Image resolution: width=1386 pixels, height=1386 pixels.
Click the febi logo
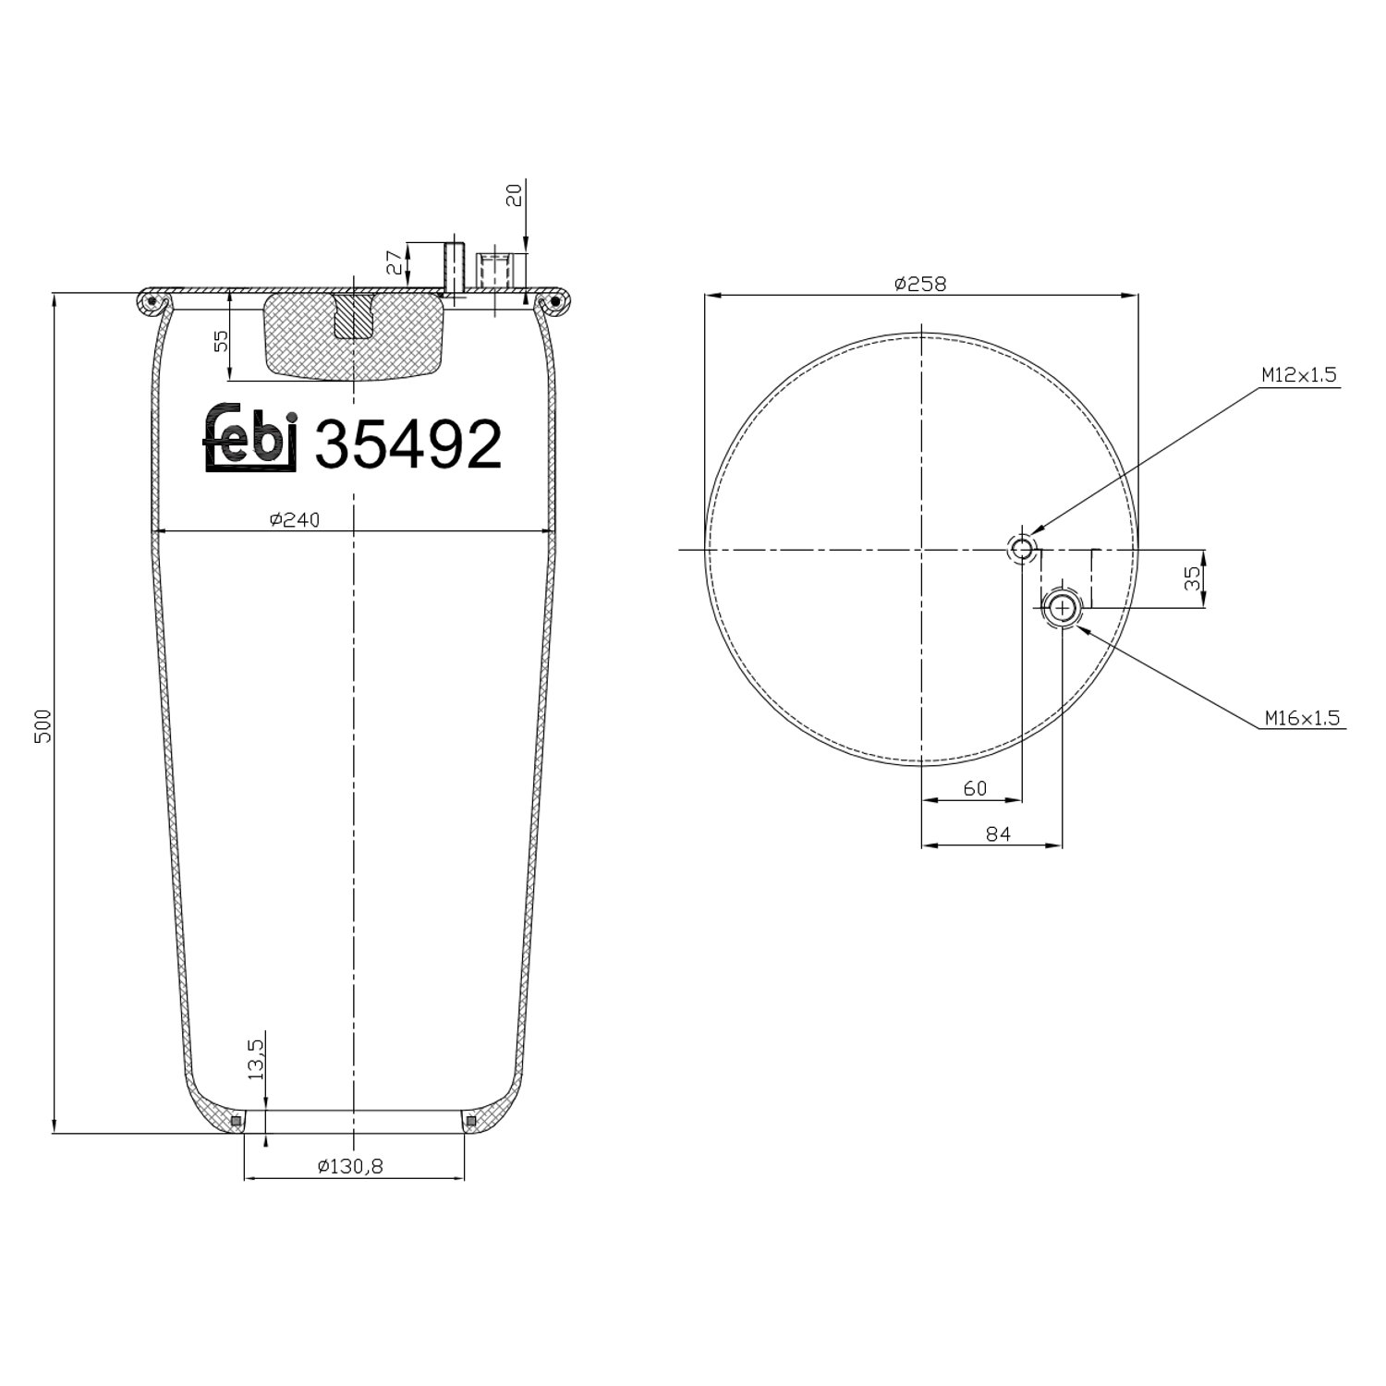click(x=250, y=437)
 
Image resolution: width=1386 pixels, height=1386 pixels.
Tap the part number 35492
click(x=409, y=444)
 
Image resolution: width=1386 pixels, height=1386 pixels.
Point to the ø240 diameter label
click(x=295, y=520)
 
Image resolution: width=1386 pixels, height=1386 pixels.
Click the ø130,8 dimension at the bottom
click(x=350, y=1167)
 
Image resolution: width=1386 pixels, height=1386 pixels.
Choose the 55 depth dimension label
click(x=220, y=342)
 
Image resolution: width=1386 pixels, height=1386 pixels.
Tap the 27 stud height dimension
click(x=395, y=262)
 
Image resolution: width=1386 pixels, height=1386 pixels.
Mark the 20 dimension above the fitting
click(x=515, y=194)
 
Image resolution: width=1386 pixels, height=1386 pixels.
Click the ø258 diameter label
click(x=920, y=284)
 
